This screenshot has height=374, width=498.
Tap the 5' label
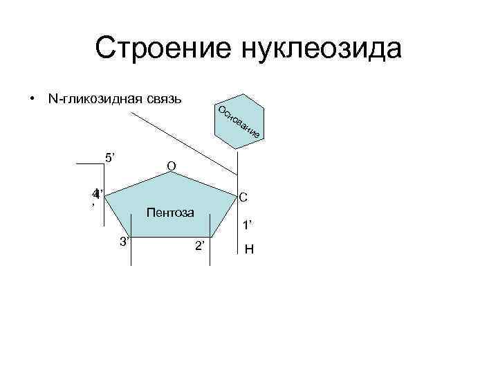[x=109, y=157]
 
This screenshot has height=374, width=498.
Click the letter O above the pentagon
[x=172, y=166]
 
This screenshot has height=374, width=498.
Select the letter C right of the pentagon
[x=244, y=198]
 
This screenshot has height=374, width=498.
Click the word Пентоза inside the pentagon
[x=170, y=211]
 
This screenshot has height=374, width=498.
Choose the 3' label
[x=125, y=241]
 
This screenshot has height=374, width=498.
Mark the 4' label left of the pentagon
[x=98, y=194]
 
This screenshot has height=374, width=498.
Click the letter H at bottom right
[x=249, y=249]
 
